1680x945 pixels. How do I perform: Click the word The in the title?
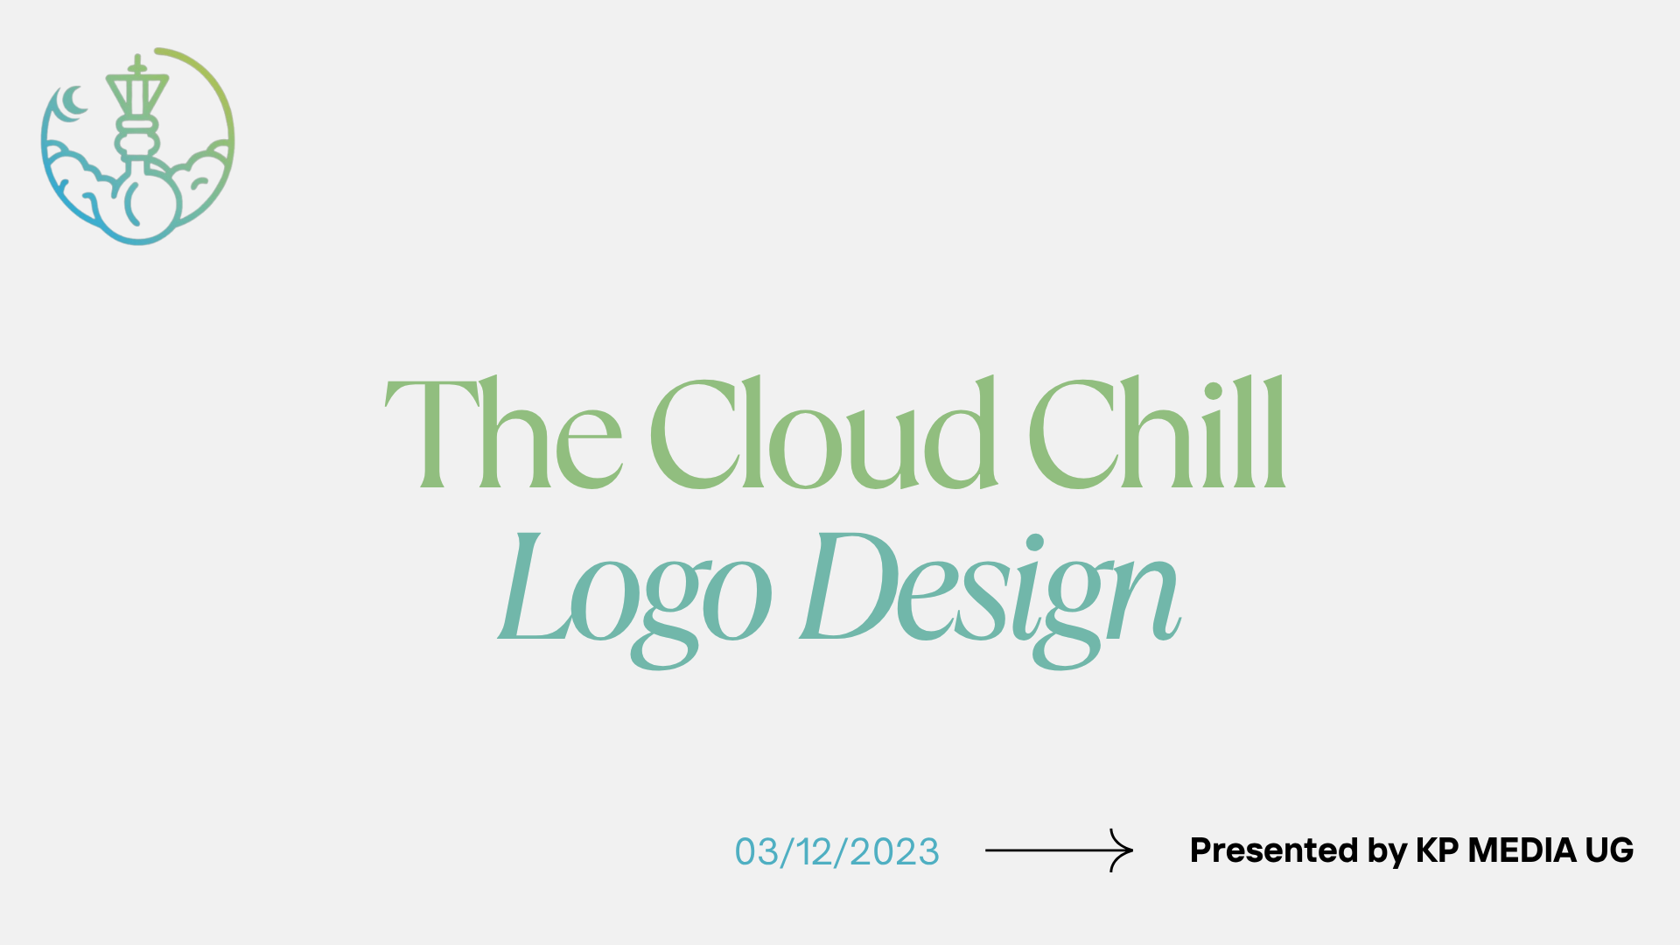[x=504, y=432]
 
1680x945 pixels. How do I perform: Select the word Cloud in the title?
[x=823, y=432]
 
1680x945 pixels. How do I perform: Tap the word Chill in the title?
[x=1157, y=432]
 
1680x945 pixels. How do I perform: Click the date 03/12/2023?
[x=836, y=851]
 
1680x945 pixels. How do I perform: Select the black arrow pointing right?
[x=1059, y=850]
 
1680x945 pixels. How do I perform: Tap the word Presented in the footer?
[x=1273, y=850]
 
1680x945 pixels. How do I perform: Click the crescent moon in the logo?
[x=70, y=102]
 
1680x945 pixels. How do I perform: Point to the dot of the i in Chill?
[x=1214, y=391]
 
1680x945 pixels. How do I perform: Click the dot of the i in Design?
[x=1035, y=542]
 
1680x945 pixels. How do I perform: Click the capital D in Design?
[x=849, y=584]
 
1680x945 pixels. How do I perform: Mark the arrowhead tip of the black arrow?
[x=1133, y=850]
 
